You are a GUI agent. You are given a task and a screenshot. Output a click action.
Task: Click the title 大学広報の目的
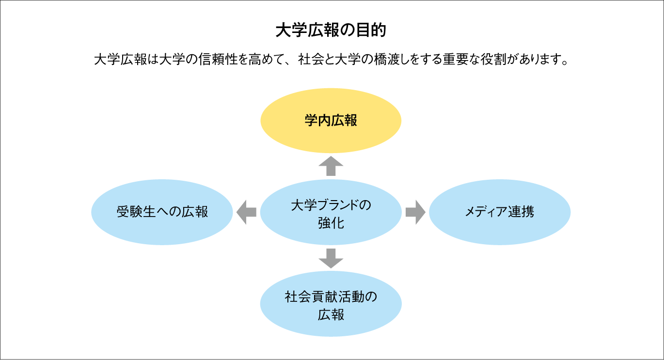pyautogui.click(x=331, y=30)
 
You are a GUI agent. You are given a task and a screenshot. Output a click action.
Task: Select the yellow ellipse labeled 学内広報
pyautogui.click(x=331, y=121)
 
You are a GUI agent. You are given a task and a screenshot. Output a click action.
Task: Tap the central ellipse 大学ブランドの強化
pyautogui.click(x=331, y=212)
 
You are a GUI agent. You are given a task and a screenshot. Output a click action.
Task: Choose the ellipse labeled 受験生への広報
pyautogui.click(x=162, y=212)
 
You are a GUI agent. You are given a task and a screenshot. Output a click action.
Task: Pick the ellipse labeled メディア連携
pyautogui.click(x=500, y=212)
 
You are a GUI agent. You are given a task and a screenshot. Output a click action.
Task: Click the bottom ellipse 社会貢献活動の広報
pyautogui.click(x=331, y=304)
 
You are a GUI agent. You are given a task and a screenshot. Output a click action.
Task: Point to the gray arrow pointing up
pyautogui.click(x=331, y=166)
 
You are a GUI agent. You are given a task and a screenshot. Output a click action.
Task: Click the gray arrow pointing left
pyautogui.click(x=246, y=212)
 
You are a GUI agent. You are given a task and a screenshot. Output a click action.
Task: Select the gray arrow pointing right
pyautogui.click(x=415, y=212)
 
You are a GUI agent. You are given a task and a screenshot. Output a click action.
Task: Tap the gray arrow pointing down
pyautogui.click(x=331, y=258)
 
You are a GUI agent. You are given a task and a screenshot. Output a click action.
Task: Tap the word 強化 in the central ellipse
pyautogui.click(x=331, y=223)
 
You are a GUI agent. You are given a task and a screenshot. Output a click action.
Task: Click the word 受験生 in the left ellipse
pyautogui.click(x=136, y=212)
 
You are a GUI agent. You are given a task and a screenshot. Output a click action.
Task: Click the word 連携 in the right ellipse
pyautogui.click(x=521, y=212)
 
